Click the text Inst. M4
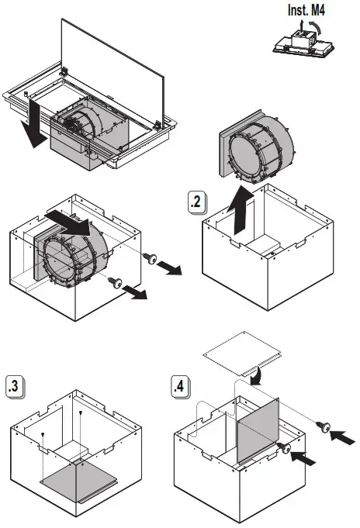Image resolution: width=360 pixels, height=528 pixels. [306, 10]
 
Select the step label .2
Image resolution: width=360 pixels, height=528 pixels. [196, 202]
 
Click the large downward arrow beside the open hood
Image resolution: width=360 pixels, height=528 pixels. [33, 123]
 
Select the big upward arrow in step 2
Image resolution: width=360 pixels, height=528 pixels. [241, 209]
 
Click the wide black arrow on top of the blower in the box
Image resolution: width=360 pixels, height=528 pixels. [68, 223]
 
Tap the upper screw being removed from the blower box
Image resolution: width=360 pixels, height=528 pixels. [151, 258]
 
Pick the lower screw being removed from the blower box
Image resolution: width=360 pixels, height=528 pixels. [116, 282]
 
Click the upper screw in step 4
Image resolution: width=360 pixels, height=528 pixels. [324, 427]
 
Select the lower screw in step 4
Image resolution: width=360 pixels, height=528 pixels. [284, 448]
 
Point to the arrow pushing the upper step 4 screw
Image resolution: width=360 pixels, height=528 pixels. [342, 437]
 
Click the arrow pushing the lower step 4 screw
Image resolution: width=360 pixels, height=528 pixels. [303, 458]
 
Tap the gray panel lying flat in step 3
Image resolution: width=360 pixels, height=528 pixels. [78, 481]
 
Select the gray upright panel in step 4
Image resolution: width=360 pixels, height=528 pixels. [258, 430]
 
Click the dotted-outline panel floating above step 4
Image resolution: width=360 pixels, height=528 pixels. [242, 354]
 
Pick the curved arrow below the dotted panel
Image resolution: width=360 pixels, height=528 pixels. [257, 376]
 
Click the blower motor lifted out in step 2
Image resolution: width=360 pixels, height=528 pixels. [258, 147]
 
